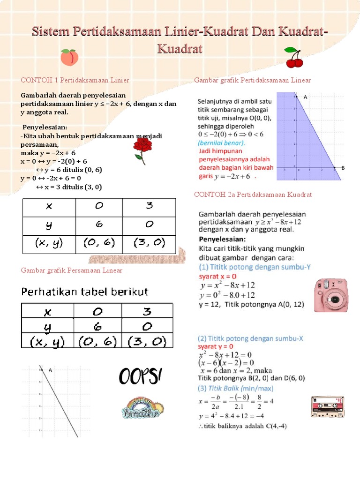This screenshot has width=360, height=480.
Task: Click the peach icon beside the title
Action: tap(69, 58)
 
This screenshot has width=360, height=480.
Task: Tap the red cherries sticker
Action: tap(294, 57)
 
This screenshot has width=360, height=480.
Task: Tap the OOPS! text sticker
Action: tap(140, 376)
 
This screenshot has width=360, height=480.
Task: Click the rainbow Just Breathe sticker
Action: tap(142, 407)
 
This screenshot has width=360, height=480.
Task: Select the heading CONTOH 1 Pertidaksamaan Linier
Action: tap(75, 80)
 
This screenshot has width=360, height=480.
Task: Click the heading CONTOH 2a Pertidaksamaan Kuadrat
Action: tap(253, 194)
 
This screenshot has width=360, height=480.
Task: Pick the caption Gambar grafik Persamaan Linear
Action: tap(72, 270)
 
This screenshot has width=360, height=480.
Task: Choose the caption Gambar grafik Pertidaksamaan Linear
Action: tap(252, 80)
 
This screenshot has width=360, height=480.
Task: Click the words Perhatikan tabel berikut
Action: tap(84, 292)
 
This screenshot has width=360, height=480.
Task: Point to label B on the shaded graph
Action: tap(343, 168)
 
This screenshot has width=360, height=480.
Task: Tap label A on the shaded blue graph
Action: tap(305, 97)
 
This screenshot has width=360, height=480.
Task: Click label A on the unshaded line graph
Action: tap(50, 370)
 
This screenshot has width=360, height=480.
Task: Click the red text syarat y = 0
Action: tap(215, 346)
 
